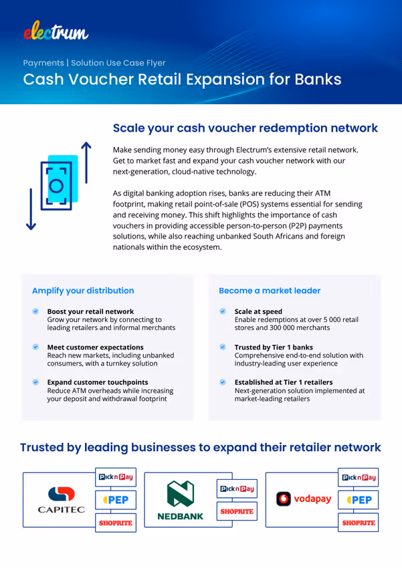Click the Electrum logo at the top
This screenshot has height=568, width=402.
pos(56,30)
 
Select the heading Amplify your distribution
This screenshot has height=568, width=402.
pos(83,291)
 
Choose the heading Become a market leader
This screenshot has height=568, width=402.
pos(270,291)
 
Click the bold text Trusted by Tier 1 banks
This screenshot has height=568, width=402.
pos(273,347)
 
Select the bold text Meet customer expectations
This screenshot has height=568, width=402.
pos(95,347)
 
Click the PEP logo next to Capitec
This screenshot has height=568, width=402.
pos(116,500)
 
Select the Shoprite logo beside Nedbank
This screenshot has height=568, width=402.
pos(237,512)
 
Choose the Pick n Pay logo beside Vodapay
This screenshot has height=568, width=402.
pos(359,478)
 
